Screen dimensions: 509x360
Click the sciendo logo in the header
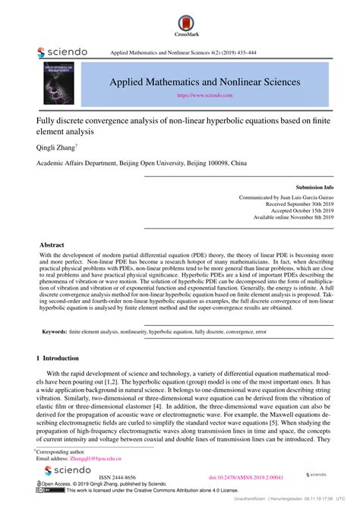coord(62,52)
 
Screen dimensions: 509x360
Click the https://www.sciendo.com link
coord(204,96)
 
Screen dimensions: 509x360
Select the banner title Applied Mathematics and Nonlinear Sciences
coord(204,81)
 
